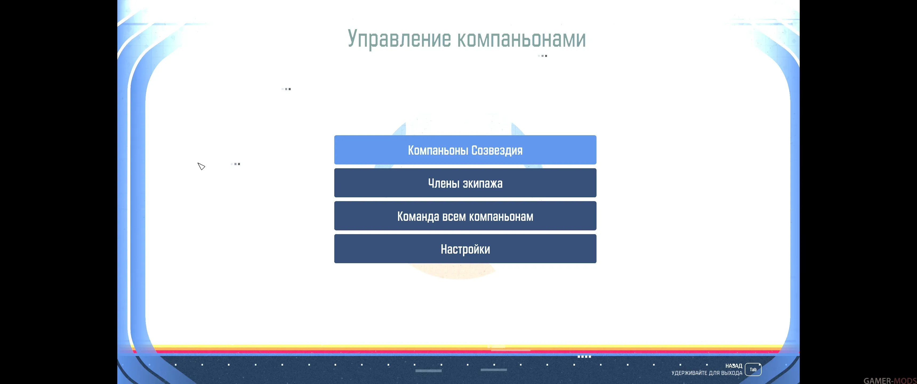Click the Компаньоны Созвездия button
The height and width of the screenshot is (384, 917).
pyautogui.click(x=465, y=150)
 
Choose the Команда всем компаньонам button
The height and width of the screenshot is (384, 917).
pyautogui.click(x=465, y=216)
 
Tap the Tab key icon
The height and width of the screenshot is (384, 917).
pyautogui.click(x=753, y=369)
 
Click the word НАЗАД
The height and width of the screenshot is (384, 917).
pyautogui.click(x=734, y=366)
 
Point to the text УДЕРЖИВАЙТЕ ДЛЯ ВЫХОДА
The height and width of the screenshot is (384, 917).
pyautogui.click(x=707, y=373)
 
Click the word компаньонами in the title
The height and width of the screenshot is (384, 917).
pyautogui.click(x=521, y=39)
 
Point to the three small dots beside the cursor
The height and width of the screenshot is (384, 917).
pyautogui.click(x=235, y=164)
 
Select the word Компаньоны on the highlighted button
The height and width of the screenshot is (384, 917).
pyautogui.click(x=438, y=150)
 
